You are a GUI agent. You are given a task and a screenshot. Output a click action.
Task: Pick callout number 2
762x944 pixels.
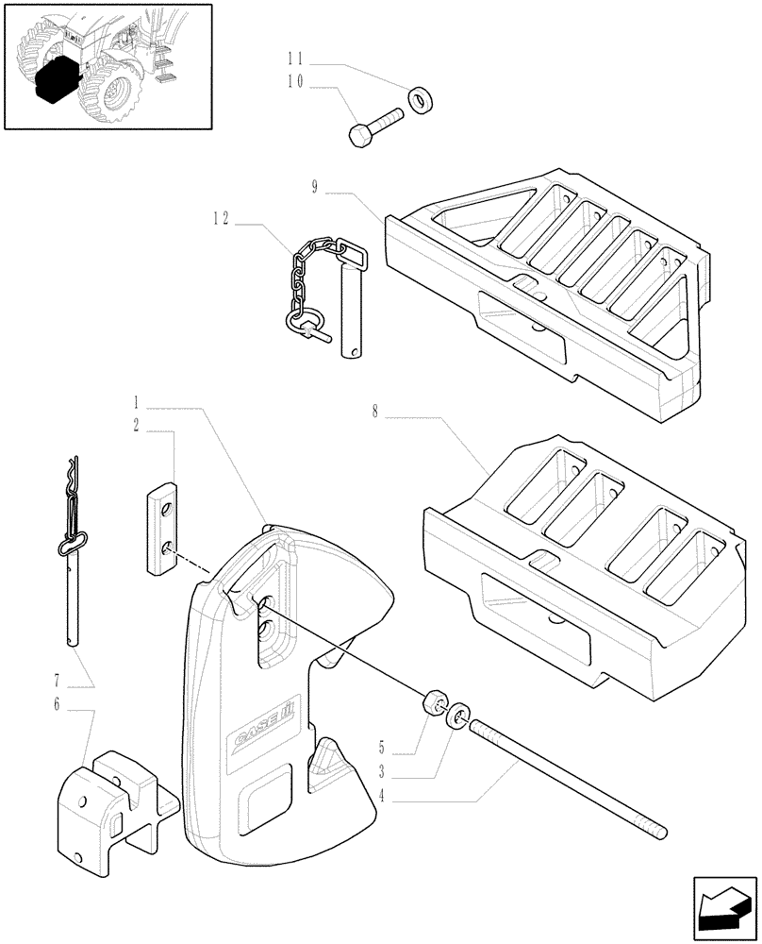[137, 427]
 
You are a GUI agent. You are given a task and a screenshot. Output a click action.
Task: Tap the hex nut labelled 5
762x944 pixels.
[433, 704]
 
